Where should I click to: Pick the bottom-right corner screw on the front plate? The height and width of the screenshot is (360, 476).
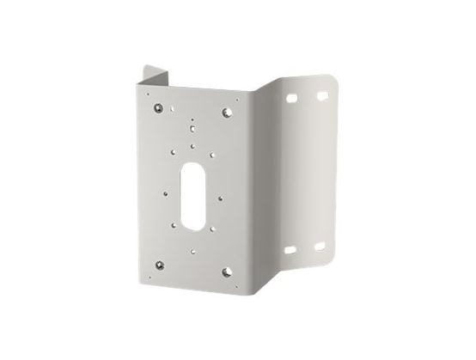(229, 274)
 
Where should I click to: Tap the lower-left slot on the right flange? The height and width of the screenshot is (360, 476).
(294, 250)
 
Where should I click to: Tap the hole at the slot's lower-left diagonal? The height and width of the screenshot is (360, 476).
(179, 229)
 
